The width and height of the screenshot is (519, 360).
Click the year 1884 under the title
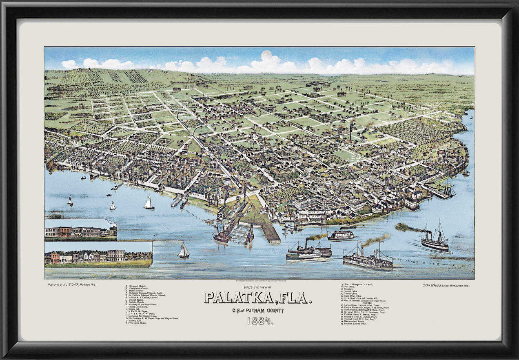[x=259, y=321]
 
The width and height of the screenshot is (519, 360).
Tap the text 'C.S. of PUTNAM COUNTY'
[x=260, y=310]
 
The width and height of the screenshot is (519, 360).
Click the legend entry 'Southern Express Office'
[x=355, y=324]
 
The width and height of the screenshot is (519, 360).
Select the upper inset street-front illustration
[x=80, y=231]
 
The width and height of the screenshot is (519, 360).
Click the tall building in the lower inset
[x=116, y=256]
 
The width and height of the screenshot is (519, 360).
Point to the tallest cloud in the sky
[x=268, y=60]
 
